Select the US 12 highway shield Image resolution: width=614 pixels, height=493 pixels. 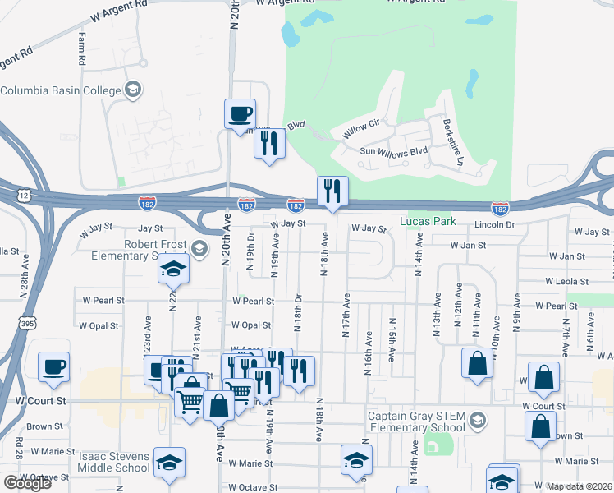coord(22,195)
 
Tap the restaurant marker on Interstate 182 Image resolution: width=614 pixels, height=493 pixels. coord(332,192)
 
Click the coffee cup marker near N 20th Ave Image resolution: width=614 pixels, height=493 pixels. coord(241,114)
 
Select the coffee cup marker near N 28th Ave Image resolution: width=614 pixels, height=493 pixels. coord(54,367)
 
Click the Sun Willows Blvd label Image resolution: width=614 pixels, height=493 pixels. coord(395,151)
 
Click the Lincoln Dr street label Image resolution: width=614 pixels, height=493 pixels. coord(493,225)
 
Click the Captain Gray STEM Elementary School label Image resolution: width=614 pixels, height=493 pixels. coord(415,421)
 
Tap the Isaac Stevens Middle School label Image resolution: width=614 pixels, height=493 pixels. coord(115,462)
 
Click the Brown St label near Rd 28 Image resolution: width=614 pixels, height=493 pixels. coord(44,426)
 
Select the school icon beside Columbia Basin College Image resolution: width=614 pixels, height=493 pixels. coord(133,90)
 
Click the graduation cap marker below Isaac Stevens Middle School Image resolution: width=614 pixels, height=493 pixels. coord(169,463)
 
